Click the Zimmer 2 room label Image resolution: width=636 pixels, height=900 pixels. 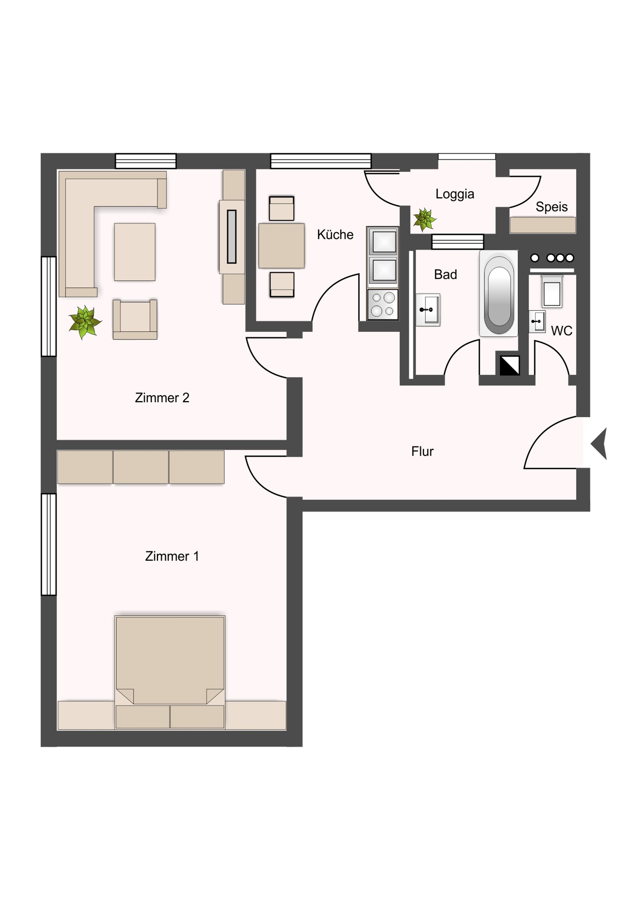pyautogui.click(x=162, y=398)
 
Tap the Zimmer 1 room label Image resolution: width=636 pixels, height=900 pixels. pyautogui.click(x=172, y=556)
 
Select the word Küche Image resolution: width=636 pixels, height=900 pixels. pyautogui.click(x=335, y=234)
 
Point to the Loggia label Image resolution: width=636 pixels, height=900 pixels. pyautogui.click(x=455, y=194)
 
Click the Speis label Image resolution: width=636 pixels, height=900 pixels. pyautogui.click(x=552, y=207)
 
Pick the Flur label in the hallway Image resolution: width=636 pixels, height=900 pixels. pyautogui.click(x=422, y=451)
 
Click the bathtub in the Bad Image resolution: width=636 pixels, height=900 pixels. pyautogui.click(x=499, y=293)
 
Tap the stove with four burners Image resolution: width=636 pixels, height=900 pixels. pyautogui.click(x=383, y=304)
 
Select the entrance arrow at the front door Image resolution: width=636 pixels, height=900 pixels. pyautogui.click(x=599, y=443)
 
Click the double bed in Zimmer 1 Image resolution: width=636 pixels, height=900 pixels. pyautogui.click(x=170, y=672)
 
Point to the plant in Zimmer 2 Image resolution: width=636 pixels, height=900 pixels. pyautogui.click(x=84, y=322)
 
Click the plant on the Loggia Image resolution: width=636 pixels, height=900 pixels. pyautogui.click(x=425, y=219)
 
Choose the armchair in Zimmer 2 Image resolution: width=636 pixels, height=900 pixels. pyautogui.click(x=135, y=319)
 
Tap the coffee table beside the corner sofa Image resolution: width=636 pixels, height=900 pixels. pyautogui.click(x=135, y=252)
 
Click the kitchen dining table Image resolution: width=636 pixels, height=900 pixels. pyautogui.click(x=281, y=246)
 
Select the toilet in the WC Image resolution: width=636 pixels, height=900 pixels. pyautogui.click(x=552, y=291)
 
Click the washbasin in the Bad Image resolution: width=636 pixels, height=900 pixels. pyautogui.click(x=428, y=309)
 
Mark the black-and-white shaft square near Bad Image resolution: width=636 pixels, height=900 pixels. pyautogui.click(x=509, y=366)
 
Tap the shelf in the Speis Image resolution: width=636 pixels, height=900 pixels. pyautogui.click(x=543, y=225)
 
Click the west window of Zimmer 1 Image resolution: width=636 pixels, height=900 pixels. pyautogui.click(x=49, y=544)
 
